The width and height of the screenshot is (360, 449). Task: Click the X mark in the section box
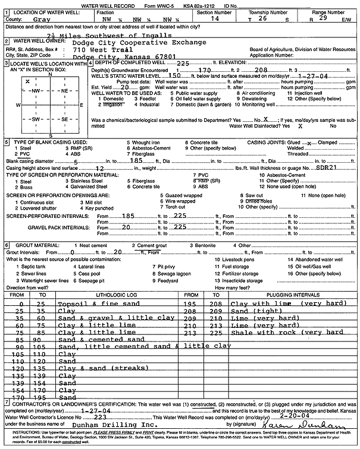27,80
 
